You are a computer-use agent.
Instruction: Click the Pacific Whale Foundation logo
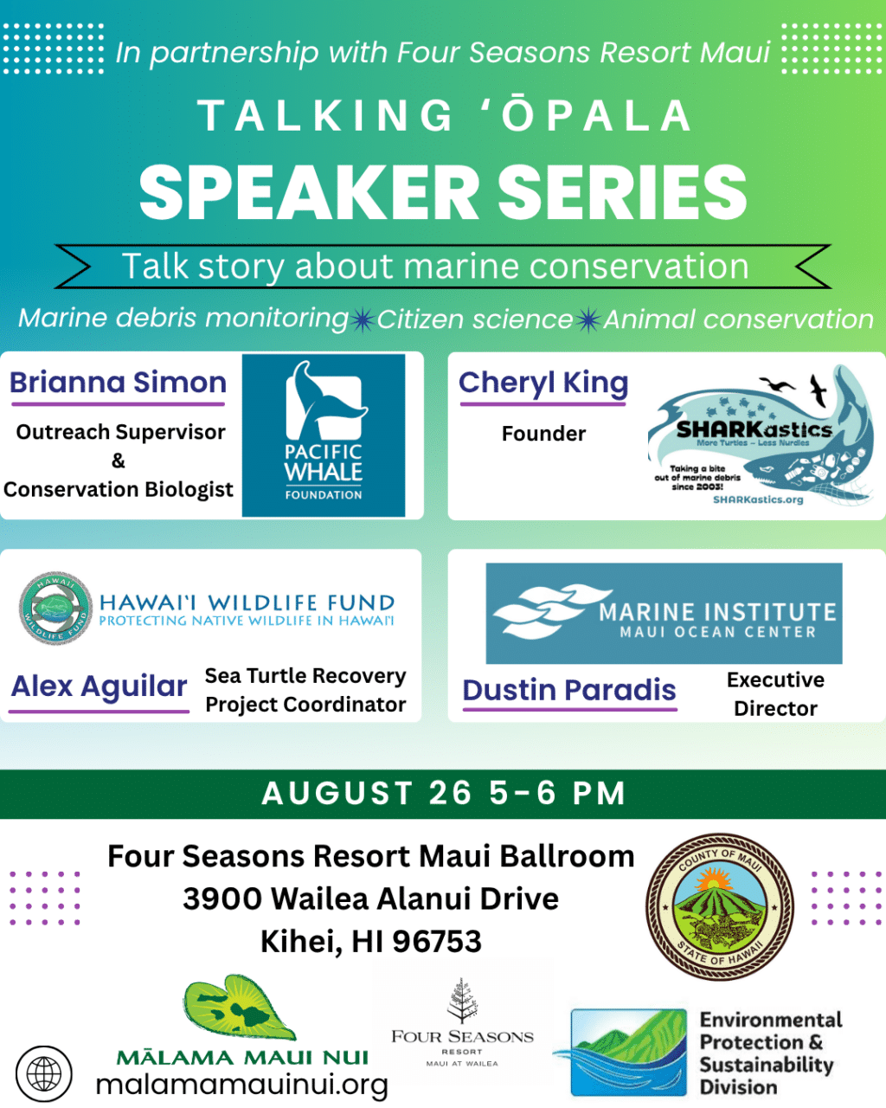point(324,435)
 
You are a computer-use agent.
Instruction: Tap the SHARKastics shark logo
point(761,435)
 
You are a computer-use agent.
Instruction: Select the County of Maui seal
point(719,906)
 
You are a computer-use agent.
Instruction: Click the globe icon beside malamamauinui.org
point(44,1074)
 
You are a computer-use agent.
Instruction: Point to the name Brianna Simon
point(118,383)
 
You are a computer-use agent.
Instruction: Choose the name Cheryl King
point(543,383)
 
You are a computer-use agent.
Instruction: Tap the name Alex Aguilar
point(99,686)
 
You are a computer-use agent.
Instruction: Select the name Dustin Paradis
point(568,690)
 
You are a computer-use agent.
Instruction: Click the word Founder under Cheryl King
point(543,434)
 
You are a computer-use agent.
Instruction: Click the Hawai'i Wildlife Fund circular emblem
point(55,608)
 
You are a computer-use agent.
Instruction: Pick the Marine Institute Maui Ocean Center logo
point(664,613)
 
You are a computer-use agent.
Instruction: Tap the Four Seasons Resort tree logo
point(462,1001)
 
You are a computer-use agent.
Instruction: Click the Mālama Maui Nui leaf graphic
point(240,1008)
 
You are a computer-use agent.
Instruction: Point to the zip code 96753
point(437,942)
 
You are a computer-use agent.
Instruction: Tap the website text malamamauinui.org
point(242,1085)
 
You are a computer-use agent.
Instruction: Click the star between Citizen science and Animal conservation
point(588,319)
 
